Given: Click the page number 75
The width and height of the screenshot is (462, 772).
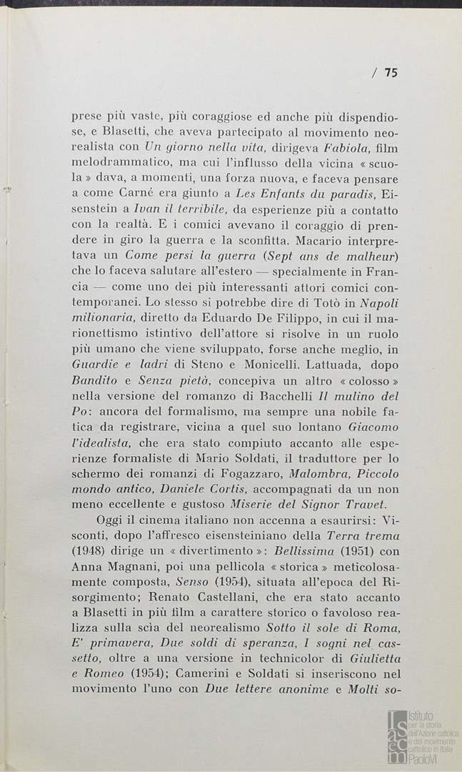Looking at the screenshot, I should point(391,71).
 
